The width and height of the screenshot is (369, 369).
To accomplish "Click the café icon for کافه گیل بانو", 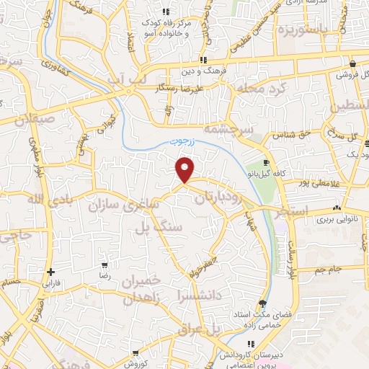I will pos(267,163).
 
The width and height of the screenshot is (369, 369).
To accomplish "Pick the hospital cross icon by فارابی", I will pos(50,272).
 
